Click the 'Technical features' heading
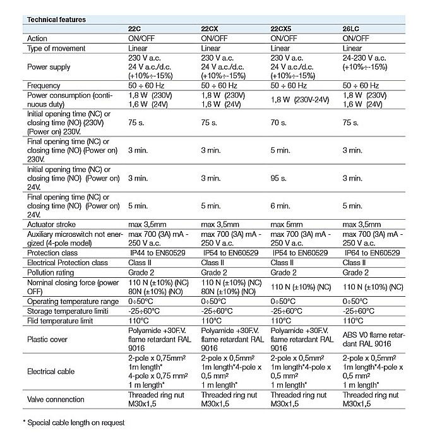[55, 20]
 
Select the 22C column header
[136, 29]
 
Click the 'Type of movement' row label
[56, 48]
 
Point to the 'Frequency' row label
[44, 85]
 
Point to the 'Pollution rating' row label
[51, 272]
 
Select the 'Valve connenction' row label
[56, 399]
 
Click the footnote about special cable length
[73, 422]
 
